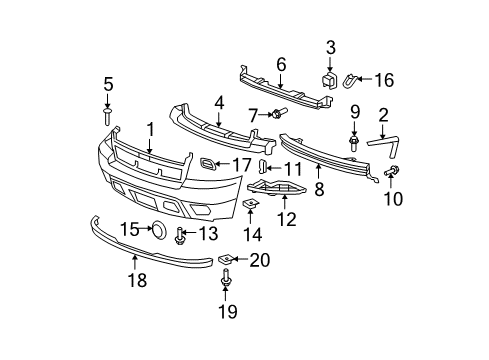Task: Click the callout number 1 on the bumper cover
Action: pos(151,128)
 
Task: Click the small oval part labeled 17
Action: pos(207,163)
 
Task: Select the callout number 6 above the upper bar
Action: pos(281,63)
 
